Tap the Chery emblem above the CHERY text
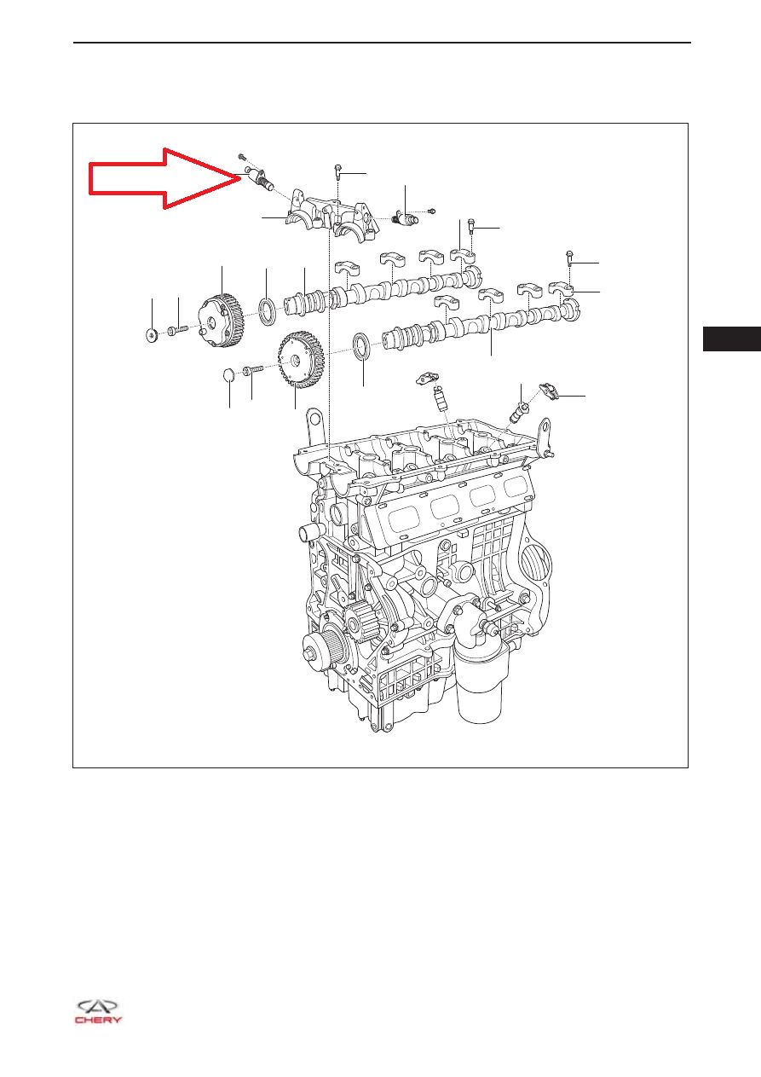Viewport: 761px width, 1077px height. (x=97, y=1005)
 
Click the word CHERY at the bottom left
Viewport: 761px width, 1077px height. (x=98, y=1020)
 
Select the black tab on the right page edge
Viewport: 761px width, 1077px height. (x=732, y=339)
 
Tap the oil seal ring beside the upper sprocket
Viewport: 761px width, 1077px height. (x=267, y=310)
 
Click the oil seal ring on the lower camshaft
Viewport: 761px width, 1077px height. (x=361, y=345)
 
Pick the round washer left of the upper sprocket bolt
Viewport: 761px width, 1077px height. (x=152, y=334)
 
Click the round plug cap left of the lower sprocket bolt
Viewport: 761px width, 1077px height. (x=230, y=375)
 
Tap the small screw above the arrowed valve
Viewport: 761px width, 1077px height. (x=242, y=156)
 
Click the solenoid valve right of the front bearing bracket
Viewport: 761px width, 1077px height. (x=406, y=217)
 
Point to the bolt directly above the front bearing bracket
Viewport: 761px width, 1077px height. (x=337, y=172)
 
